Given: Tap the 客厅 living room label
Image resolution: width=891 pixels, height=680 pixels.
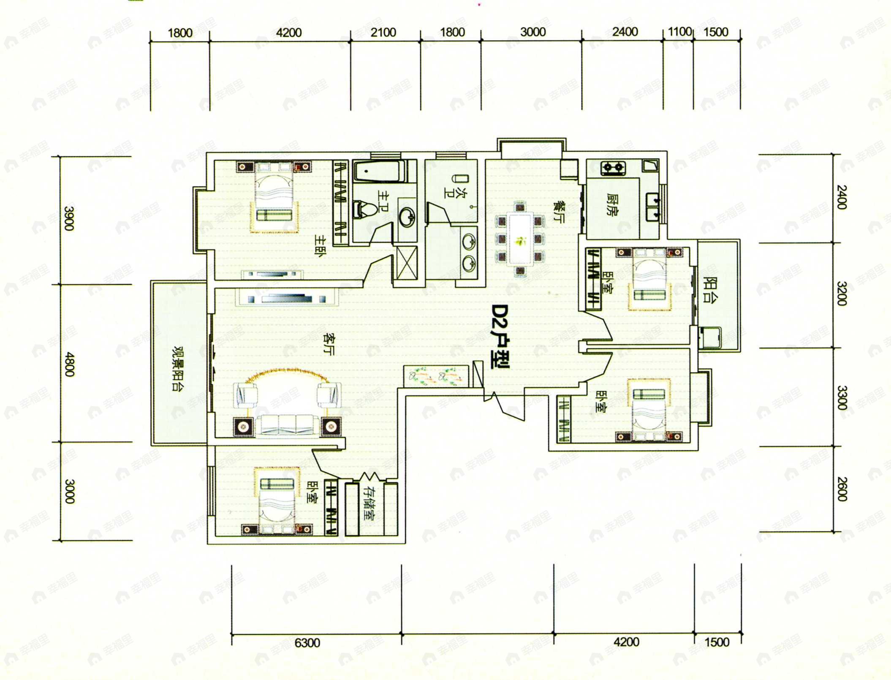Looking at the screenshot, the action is pyautogui.click(x=328, y=344).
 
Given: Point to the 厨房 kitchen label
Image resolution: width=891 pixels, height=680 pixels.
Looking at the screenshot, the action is pyautogui.click(x=612, y=204).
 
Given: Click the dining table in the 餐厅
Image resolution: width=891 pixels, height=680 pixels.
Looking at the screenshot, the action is pyautogui.click(x=520, y=239).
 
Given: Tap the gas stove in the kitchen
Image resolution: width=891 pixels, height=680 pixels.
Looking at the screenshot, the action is pyautogui.click(x=613, y=168).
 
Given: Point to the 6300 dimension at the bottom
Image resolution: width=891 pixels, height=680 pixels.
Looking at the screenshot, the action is pyautogui.click(x=307, y=643).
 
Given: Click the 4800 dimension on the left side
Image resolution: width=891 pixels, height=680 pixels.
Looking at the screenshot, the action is pyautogui.click(x=69, y=364).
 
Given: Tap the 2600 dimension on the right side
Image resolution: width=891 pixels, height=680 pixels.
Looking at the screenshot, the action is pyautogui.click(x=842, y=489).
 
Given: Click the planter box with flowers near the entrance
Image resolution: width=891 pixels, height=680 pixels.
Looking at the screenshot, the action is pyautogui.click(x=436, y=375).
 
